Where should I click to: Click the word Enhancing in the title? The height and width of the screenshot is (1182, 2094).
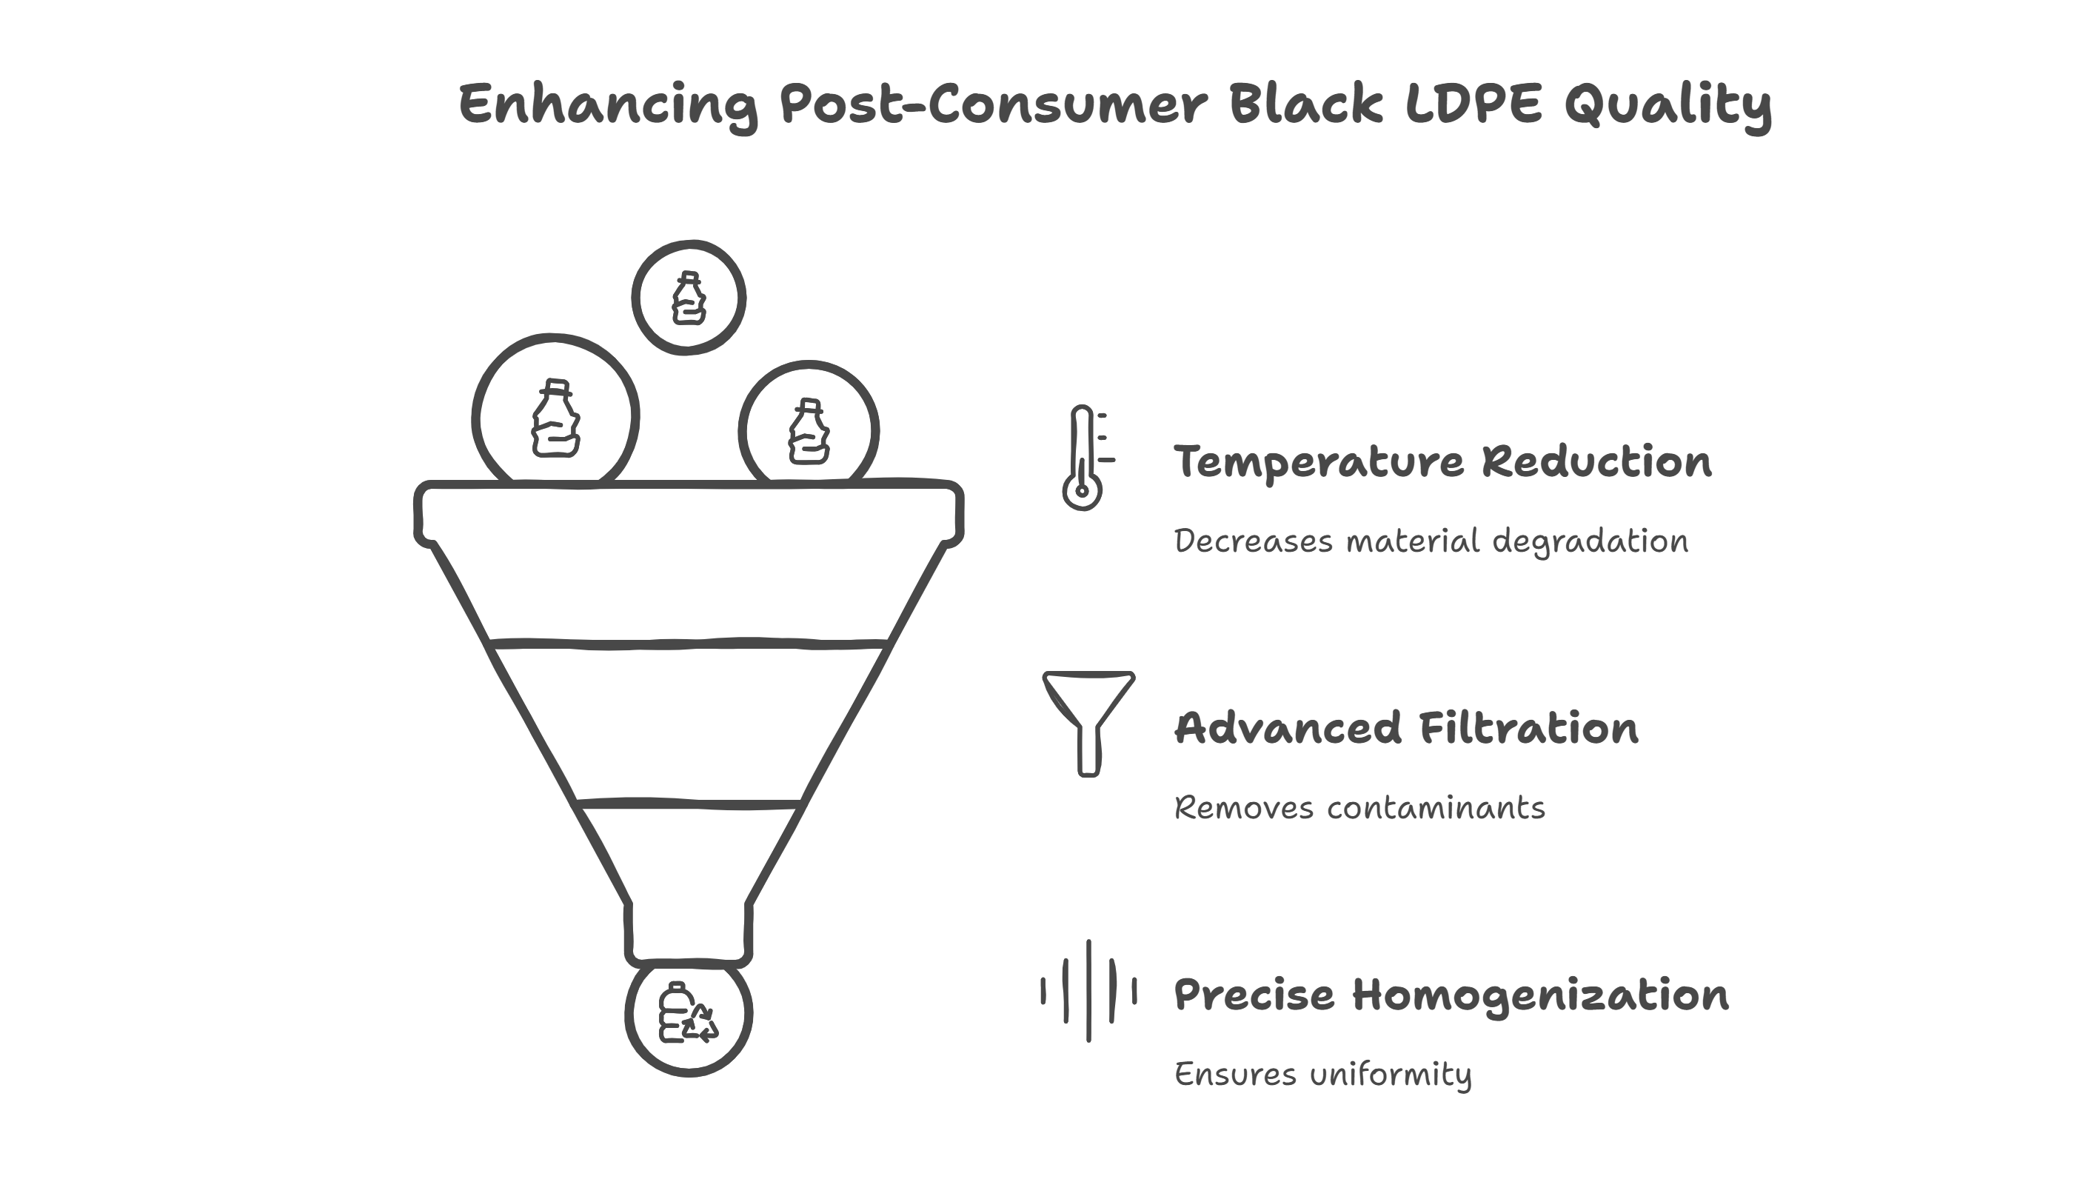pos(608,106)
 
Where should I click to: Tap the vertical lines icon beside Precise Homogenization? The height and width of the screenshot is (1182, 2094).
pos(1088,991)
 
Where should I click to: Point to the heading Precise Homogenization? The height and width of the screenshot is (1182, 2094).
pos(1451,996)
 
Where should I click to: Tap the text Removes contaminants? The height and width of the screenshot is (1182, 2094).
pos(1359,808)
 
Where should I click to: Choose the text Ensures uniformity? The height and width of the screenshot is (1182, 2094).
pos(1322,1075)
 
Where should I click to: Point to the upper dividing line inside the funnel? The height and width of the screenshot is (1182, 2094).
pos(689,644)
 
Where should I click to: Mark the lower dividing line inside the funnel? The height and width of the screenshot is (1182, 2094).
pos(689,805)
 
